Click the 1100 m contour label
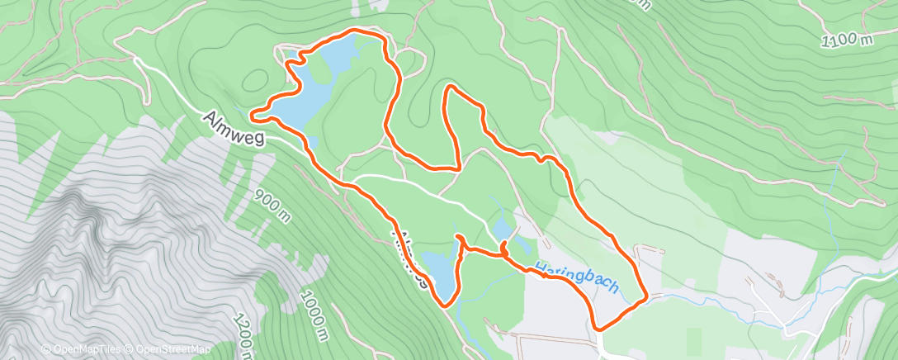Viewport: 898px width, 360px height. pyautogui.click(x=847, y=39)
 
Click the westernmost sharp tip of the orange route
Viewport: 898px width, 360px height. pyautogui.click(x=249, y=112)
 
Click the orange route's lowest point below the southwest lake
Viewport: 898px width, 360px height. pyautogui.click(x=447, y=305)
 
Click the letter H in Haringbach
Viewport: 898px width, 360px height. pyautogui.click(x=540, y=269)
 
